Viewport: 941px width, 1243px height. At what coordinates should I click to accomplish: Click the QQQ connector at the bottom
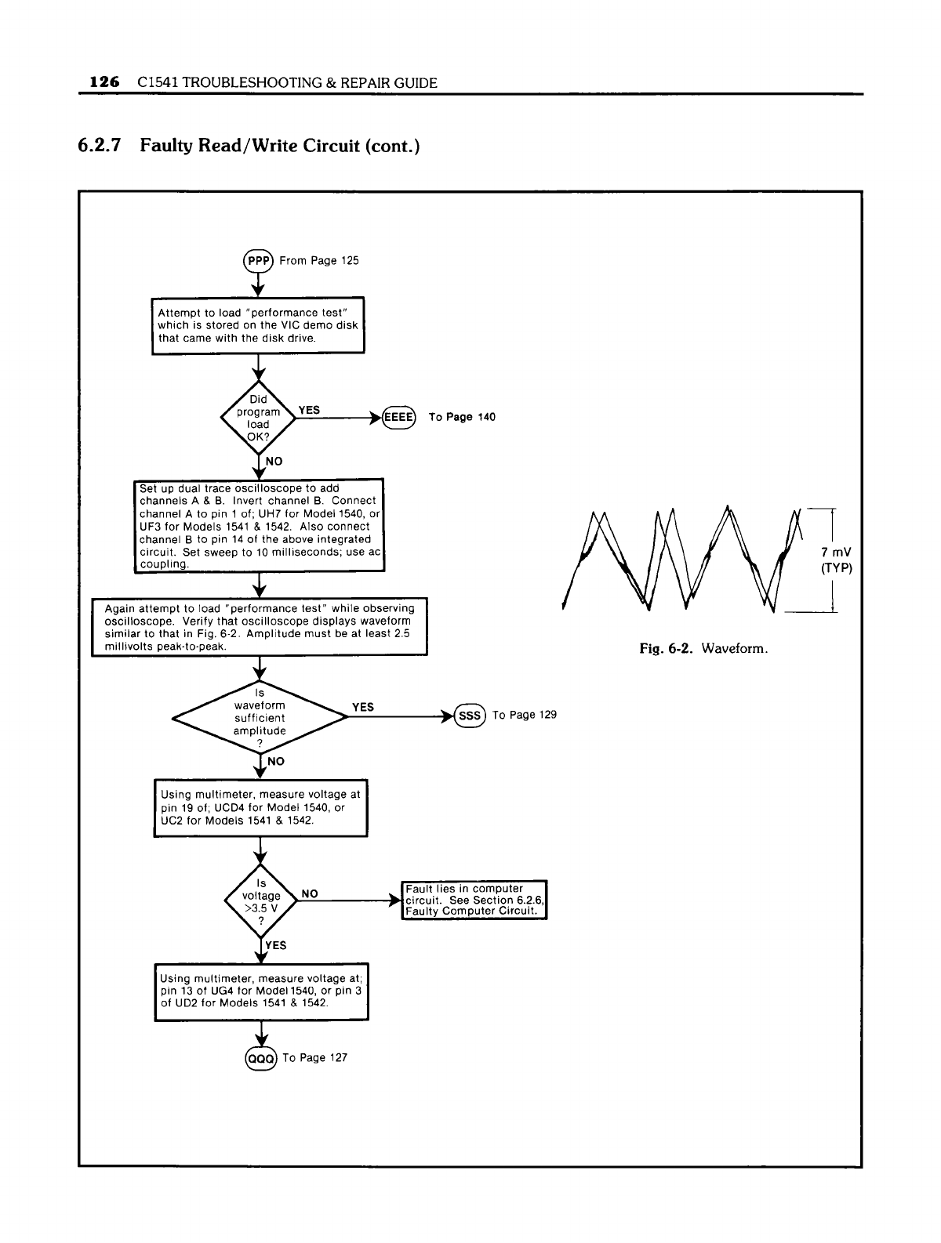(x=260, y=1058)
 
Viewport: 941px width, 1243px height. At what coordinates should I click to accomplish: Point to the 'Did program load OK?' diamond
(x=258, y=418)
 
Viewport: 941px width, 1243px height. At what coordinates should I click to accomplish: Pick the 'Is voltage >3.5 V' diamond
(x=260, y=901)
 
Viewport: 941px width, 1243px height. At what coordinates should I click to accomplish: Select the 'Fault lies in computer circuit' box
(x=474, y=900)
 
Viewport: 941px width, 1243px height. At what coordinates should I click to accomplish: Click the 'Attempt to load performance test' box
(x=258, y=325)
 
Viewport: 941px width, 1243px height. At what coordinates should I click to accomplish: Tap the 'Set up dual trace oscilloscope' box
(x=259, y=526)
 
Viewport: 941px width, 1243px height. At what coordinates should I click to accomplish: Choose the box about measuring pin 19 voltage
(x=260, y=807)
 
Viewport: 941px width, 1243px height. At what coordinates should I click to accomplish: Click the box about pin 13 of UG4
(x=261, y=991)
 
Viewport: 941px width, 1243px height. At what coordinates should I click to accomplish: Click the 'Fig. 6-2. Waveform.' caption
(x=703, y=648)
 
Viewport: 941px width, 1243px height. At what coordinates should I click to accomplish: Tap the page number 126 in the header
(x=104, y=82)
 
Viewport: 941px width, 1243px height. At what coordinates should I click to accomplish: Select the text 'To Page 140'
(x=462, y=417)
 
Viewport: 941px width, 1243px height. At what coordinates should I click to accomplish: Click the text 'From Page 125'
(x=319, y=260)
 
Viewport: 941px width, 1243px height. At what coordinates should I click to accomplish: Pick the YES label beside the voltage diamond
(x=275, y=945)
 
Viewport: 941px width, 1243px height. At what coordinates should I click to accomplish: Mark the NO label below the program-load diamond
(x=274, y=462)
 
